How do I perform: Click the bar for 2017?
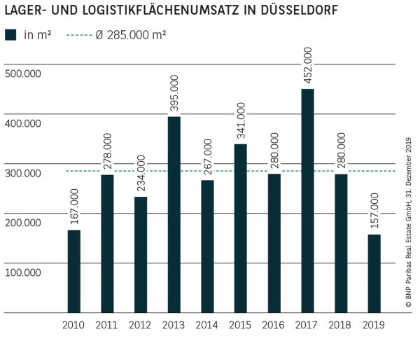tap(307, 200)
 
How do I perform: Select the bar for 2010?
tap(73, 271)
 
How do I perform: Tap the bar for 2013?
tap(174, 214)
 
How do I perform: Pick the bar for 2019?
tap(374, 273)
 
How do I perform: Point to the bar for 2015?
tap(240, 228)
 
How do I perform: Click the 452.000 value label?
tap(307, 65)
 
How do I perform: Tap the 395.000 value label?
tap(174, 93)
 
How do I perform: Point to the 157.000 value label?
tap(374, 211)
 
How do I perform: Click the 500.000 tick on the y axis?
tap(23, 74)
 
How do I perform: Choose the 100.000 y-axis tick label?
tap(23, 272)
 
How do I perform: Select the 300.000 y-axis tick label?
tap(23, 173)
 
